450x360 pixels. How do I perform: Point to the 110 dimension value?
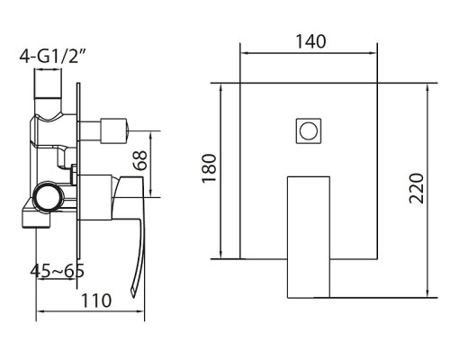90,301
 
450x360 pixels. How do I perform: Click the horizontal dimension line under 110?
90,316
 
